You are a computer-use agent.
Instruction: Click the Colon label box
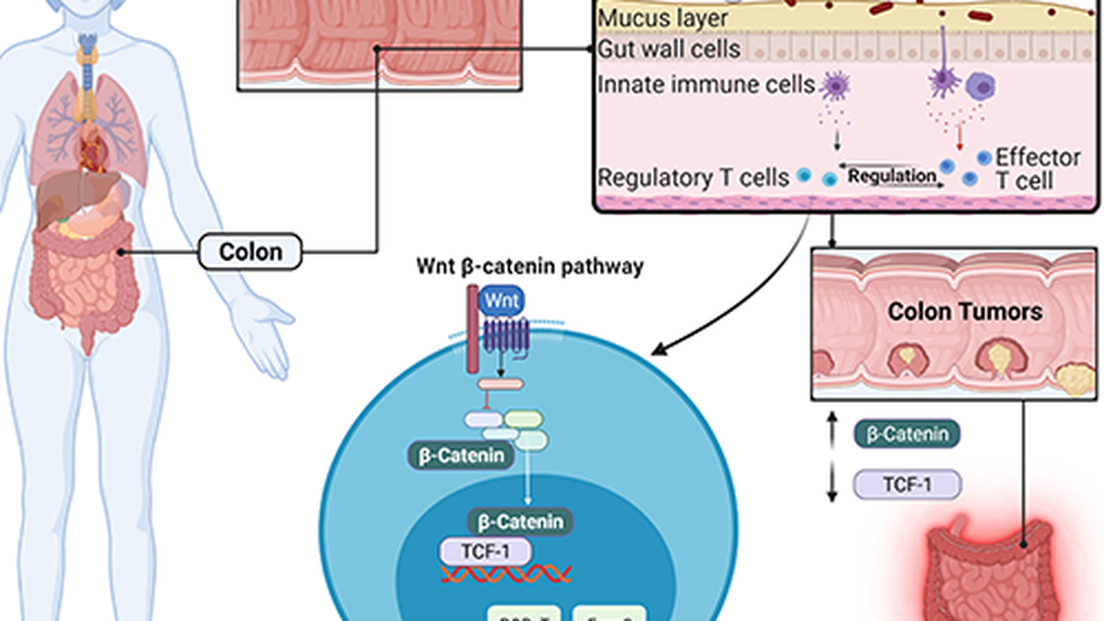click(250, 250)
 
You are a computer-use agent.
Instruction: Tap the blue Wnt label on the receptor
click(501, 300)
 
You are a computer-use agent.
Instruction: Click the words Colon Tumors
click(964, 312)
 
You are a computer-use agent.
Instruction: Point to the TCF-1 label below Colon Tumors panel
click(907, 484)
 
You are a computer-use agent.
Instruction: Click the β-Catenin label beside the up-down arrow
click(907, 434)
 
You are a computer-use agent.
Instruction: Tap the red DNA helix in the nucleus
click(505, 575)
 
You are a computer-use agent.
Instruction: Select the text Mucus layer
click(662, 17)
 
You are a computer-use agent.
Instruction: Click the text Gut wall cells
click(668, 48)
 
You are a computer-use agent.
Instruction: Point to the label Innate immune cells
click(706, 86)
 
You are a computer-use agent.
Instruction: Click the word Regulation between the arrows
click(891, 175)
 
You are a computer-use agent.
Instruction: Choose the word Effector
click(1038, 156)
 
